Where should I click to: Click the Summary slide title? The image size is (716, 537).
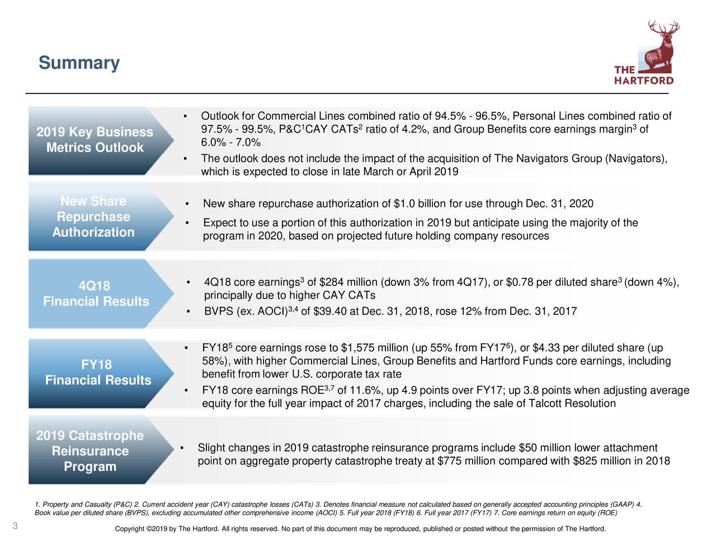click(x=79, y=63)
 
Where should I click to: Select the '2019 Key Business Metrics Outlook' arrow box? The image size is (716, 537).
click(x=95, y=140)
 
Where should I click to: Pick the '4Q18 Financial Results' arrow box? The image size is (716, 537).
click(x=96, y=294)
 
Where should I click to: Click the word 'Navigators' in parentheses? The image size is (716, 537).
click(x=634, y=159)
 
